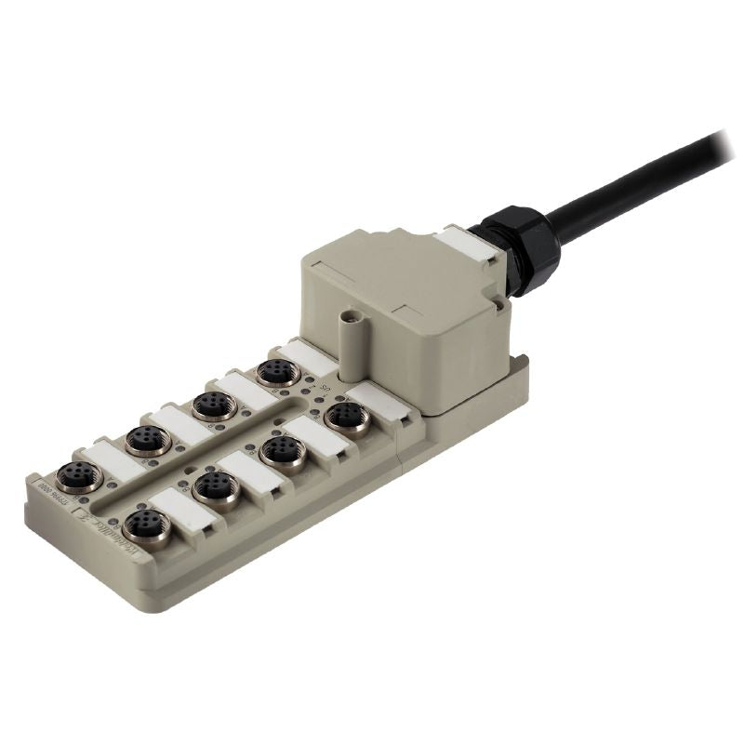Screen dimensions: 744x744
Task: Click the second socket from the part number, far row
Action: pyautogui.click(x=148, y=439)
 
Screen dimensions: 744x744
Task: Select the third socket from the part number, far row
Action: pyautogui.click(x=213, y=405)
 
